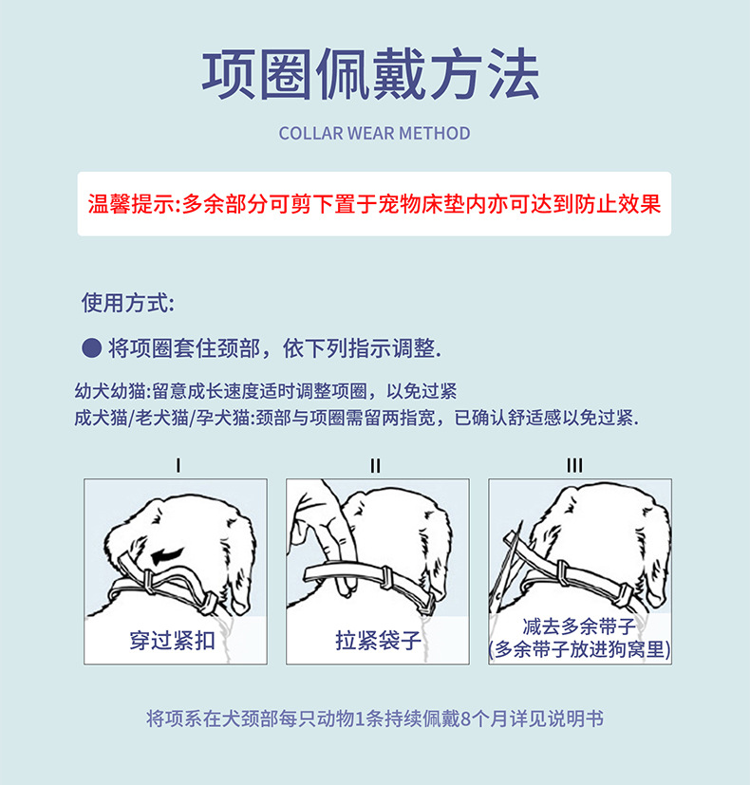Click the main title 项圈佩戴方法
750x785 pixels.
coord(371,75)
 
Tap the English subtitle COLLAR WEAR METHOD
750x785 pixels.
coord(374,134)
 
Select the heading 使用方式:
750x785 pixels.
coord(128,303)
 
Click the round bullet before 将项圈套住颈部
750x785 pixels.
coord(92,348)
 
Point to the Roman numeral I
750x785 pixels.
coord(178,466)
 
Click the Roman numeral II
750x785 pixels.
coord(375,466)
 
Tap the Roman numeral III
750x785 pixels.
coord(574,466)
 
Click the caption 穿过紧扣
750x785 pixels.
coord(172,641)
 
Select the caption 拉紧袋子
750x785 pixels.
coord(378,641)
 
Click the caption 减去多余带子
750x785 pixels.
coord(579,626)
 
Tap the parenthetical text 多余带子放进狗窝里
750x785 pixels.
coord(580,649)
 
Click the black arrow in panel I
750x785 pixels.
coord(168,554)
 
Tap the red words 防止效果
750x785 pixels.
coord(618,204)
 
